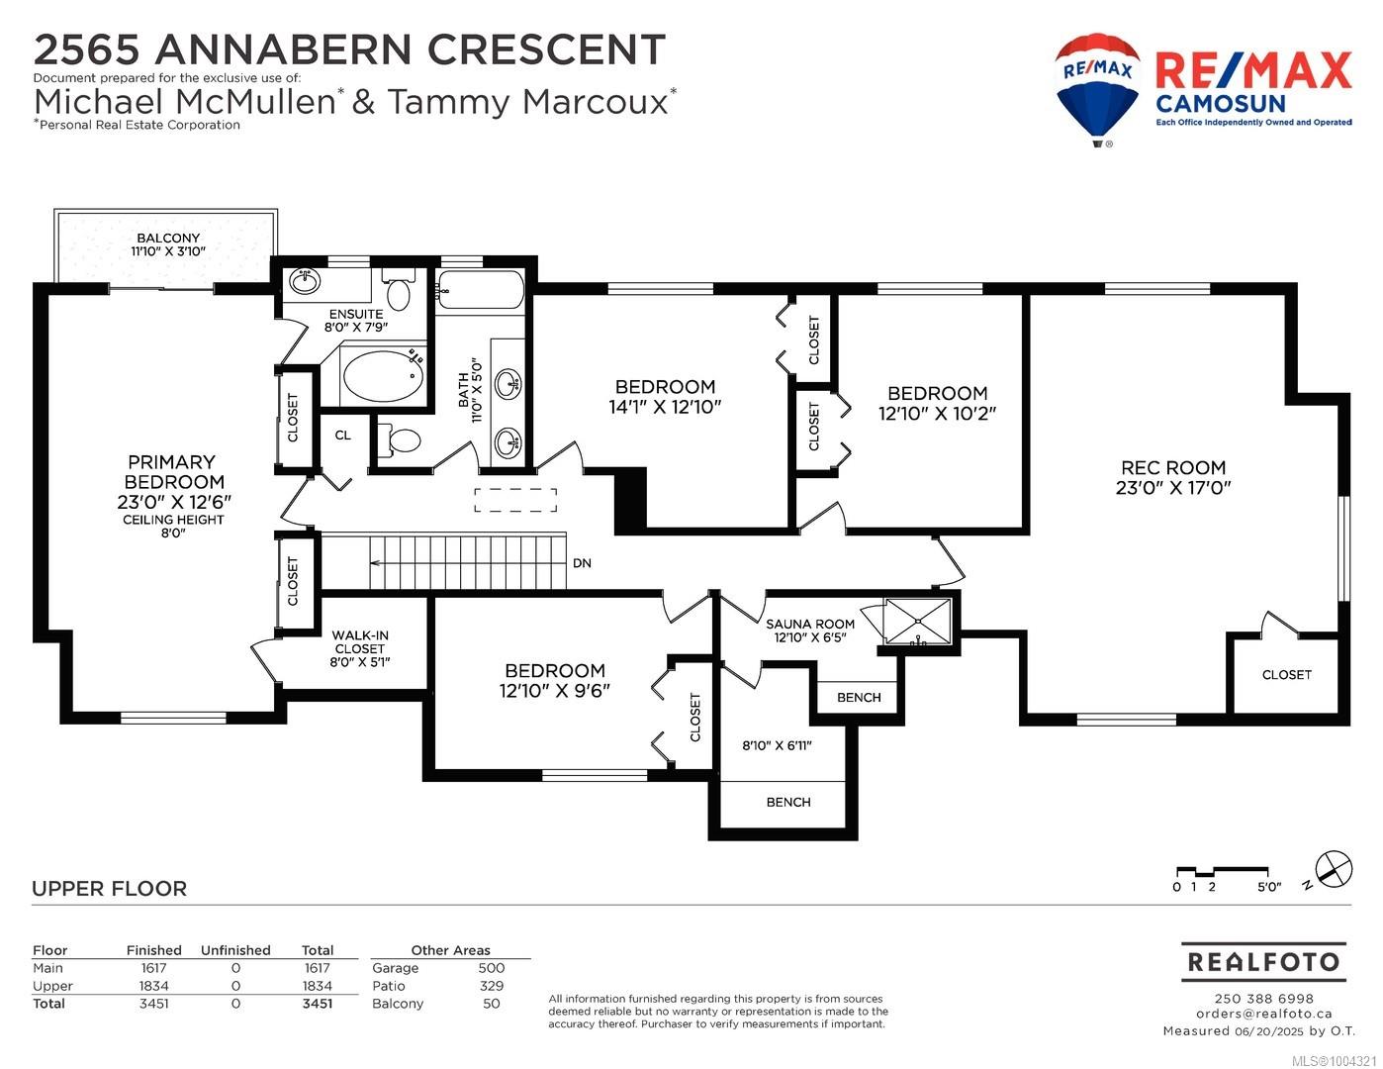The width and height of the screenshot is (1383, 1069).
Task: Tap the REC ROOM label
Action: [1173, 467]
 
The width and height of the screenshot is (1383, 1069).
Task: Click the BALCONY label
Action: [168, 238]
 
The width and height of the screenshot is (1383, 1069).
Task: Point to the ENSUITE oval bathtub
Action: [384, 376]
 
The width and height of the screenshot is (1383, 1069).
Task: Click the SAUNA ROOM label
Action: [809, 624]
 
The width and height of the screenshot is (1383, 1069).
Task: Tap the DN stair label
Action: [582, 563]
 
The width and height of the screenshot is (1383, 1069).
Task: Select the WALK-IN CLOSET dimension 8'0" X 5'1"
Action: [360, 662]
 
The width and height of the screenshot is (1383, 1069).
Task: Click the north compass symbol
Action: [1334, 868]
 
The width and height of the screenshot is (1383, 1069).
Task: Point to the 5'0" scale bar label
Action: [1268, 887]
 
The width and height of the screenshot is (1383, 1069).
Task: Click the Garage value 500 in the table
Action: [491, 968]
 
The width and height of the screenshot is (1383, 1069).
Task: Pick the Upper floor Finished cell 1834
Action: [154, 986]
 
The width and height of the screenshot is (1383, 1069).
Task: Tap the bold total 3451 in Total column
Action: [317, 1004]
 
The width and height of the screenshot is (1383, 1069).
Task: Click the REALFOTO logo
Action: [1263, 962]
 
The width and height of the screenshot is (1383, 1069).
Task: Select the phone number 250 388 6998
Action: [1263, 999]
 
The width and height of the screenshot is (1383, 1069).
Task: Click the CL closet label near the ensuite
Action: [342, 435]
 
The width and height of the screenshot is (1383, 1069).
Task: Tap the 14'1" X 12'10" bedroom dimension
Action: [665, 406]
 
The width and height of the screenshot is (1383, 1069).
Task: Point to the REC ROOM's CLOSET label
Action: [1286, 675]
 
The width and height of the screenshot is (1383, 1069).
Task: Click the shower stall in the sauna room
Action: [918, 623]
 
